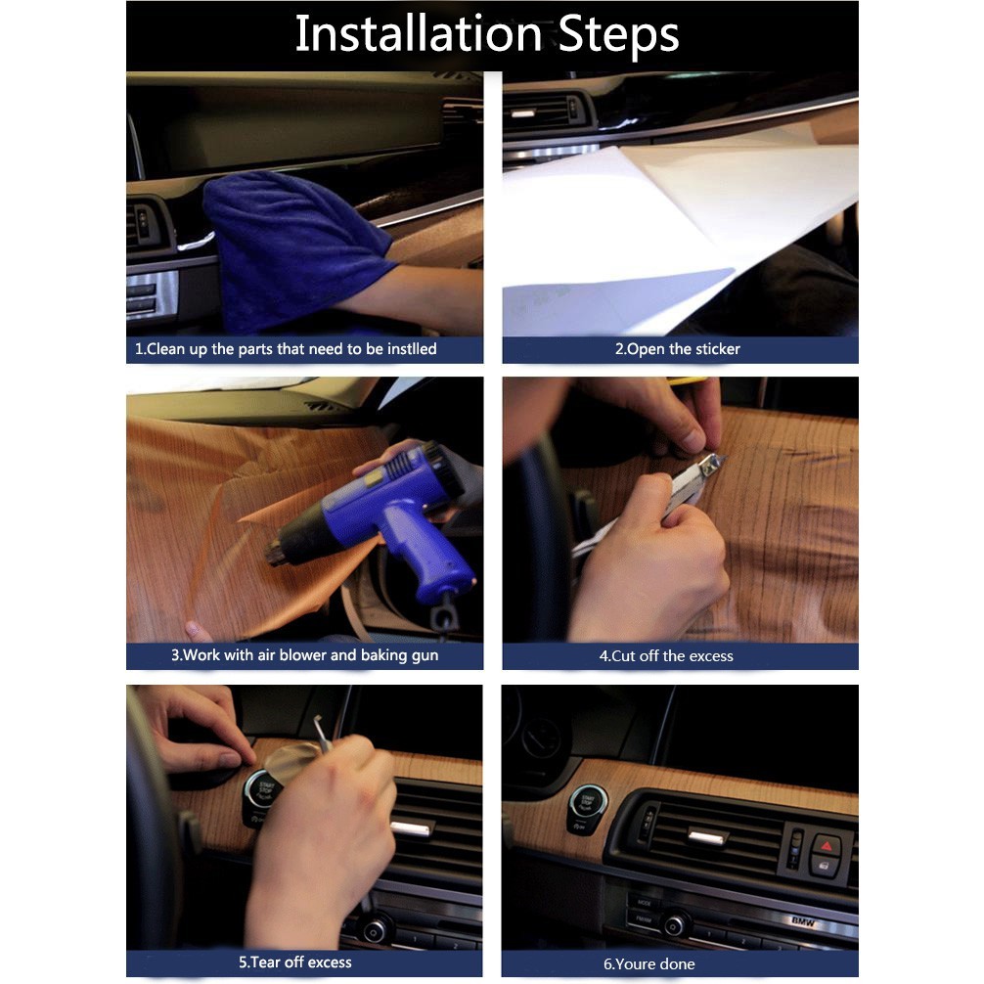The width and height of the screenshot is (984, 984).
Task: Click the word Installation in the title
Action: [x=419, y=33]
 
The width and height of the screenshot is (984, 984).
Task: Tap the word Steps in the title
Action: [x=618, y=35]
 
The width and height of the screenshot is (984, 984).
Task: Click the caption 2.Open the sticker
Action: [x=677, y=349]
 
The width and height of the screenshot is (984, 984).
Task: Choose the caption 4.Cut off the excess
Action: [x=666, y=655]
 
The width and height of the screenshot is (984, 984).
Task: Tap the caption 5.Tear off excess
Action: [x=295, y=962]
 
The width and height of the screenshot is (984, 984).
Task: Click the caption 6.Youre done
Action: [x=649, y=963]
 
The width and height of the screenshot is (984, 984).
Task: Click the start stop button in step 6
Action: [x=588, y=804]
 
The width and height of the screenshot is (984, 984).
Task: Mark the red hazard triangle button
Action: [x=827, y=846]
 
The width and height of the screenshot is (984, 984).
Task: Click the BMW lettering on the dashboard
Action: [x=803, y=921]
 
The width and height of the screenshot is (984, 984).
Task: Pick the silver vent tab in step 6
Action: [x=708, y=835]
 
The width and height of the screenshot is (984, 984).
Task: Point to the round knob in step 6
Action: [x=675, y=925]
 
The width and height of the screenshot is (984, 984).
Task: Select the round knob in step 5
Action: [x=374, y=931]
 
